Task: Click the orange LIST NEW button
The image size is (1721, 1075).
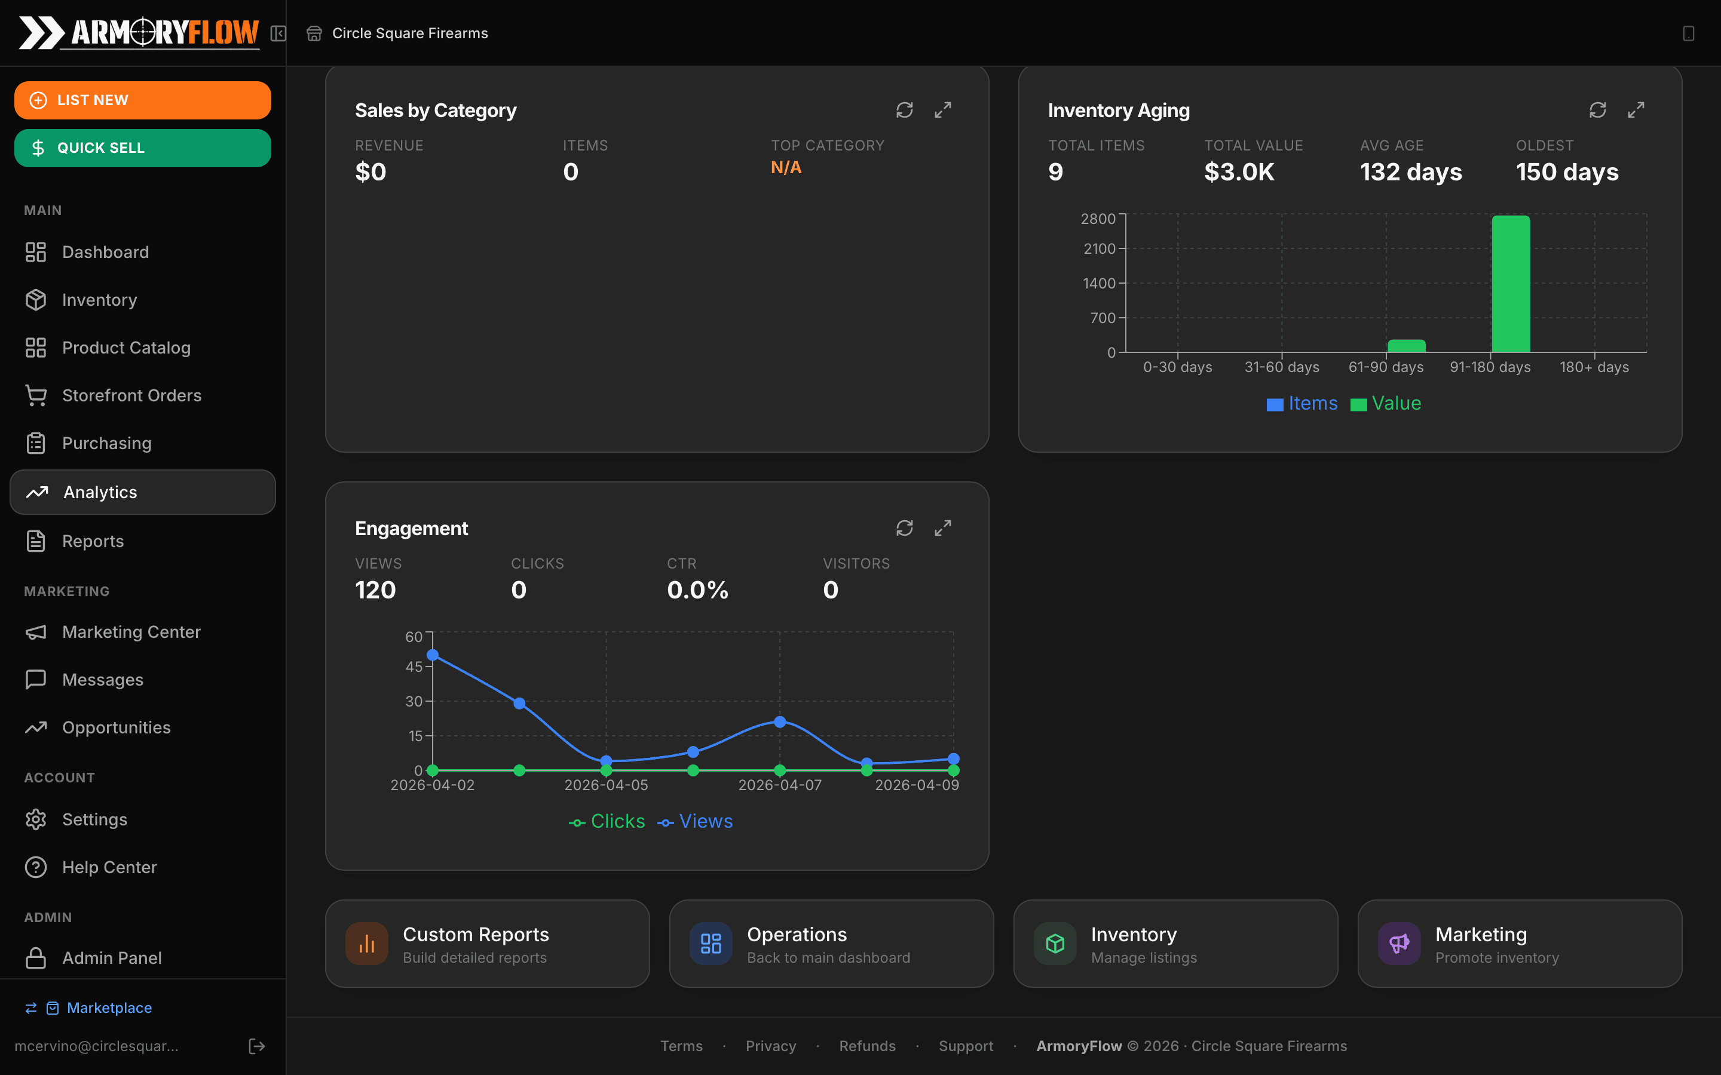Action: (x=142, y=100)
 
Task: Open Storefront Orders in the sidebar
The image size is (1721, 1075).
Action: (x=131, y=395)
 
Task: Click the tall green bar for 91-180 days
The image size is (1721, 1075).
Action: (x=1511, y=284)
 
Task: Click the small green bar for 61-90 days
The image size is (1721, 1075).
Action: (x=1406, y=346)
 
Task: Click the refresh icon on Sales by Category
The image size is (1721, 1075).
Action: (x=904, y=110)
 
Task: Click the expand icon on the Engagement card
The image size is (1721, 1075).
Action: (x=942, y=529)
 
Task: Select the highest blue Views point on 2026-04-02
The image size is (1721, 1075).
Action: (x=433, y=655)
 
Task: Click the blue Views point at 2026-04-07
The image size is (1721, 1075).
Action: (x=779, y=721)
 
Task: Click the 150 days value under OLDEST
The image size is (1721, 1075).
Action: (x=1567, y=172)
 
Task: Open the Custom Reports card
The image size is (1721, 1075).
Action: (x=487, y=944)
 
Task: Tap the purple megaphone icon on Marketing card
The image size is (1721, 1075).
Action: (x=1399, y=944)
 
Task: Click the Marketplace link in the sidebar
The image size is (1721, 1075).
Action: (x=109, y=1008)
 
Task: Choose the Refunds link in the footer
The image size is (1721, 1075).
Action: (x=867, y=1046)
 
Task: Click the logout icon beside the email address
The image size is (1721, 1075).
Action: (x=257, y=1046)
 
